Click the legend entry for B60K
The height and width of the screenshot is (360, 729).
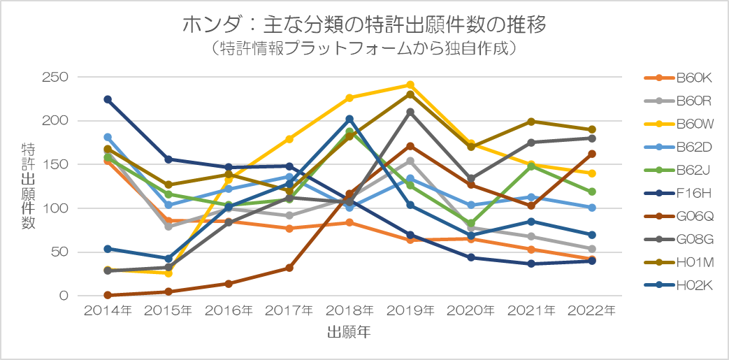pyautogui.click(x=679, y=78)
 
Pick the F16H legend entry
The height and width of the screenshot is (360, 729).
pyautogui.click(x=679, y=192)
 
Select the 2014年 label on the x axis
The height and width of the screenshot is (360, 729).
pyautogui.click(x=108, y=310)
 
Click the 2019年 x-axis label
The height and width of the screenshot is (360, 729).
pyautogui.click(x=410, y=310)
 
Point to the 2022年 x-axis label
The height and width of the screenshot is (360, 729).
pyautogui.click(x=591, y=310)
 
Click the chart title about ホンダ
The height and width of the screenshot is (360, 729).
pyautogui.click(x=364, y=25)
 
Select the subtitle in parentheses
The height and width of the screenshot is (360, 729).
pyautogui.click(x=363, y=49)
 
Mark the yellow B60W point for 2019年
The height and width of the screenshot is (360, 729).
pyautogui.click(x=410, y=85)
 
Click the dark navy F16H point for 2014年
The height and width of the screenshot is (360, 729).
pyautogui.click(x=108, y=99)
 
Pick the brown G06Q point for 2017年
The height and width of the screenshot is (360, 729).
pyautogui.click(x=289, y=268)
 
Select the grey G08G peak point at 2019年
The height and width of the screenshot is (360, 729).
pyautogui.click(x=410, y=112)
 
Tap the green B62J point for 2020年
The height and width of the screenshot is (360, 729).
pyautogui.click(x=470, y=223)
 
